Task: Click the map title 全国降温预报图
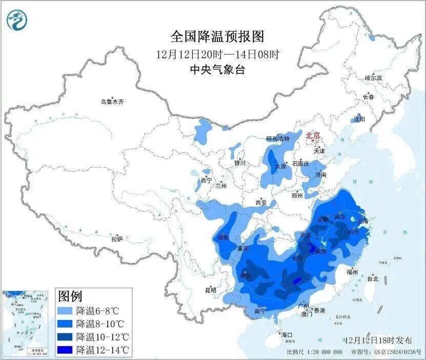[x=217, y=37]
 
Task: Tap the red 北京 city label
[x=313, y=135]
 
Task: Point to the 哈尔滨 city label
[x=373, y=78]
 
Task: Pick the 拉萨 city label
[x=117, y=238]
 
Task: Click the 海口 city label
[x=287, y=335]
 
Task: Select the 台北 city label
[x=372, y=279]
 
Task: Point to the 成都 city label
[x=223, y=237]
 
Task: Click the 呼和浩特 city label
[x=278, y=138]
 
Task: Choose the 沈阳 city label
[x=359, y=119]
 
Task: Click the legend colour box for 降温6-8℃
[x=65, y=311]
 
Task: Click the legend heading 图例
[x=70, y=296]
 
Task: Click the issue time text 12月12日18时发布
[x=378, y=341]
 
